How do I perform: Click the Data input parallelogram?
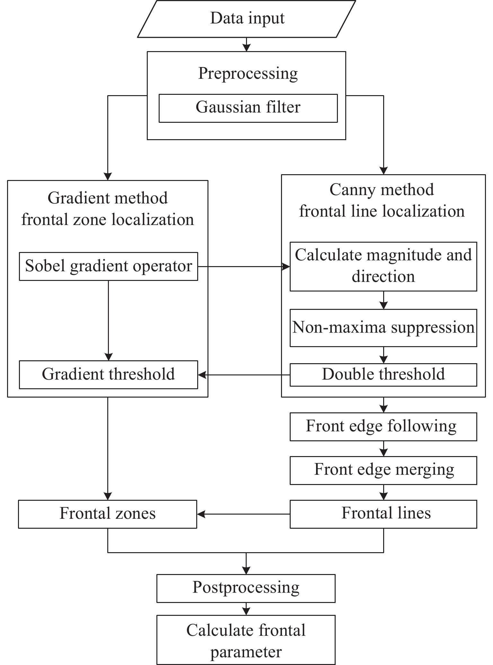tap(247, 19)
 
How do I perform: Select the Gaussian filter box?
tap(248, 108)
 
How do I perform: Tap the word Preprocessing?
tap(248, 74)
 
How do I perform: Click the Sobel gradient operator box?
tap(109, 266)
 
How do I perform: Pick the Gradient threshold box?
tap(109, 374)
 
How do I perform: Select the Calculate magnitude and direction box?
tap(383, 266)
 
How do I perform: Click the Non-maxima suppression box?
tap(383, 328)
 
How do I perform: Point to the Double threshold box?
tap(383, 374)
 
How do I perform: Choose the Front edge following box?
tap(383, 427)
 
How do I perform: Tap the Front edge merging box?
tap(383, 470)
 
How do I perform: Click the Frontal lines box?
tap(383, 514)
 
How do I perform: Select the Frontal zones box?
tap(108, 514)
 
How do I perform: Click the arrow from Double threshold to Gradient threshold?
tap(244, 375)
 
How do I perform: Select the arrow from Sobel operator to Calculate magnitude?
tap(244, 266)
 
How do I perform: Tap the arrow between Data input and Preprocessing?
tap(246, 45)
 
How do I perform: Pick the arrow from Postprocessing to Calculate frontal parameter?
tap(246, 609)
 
